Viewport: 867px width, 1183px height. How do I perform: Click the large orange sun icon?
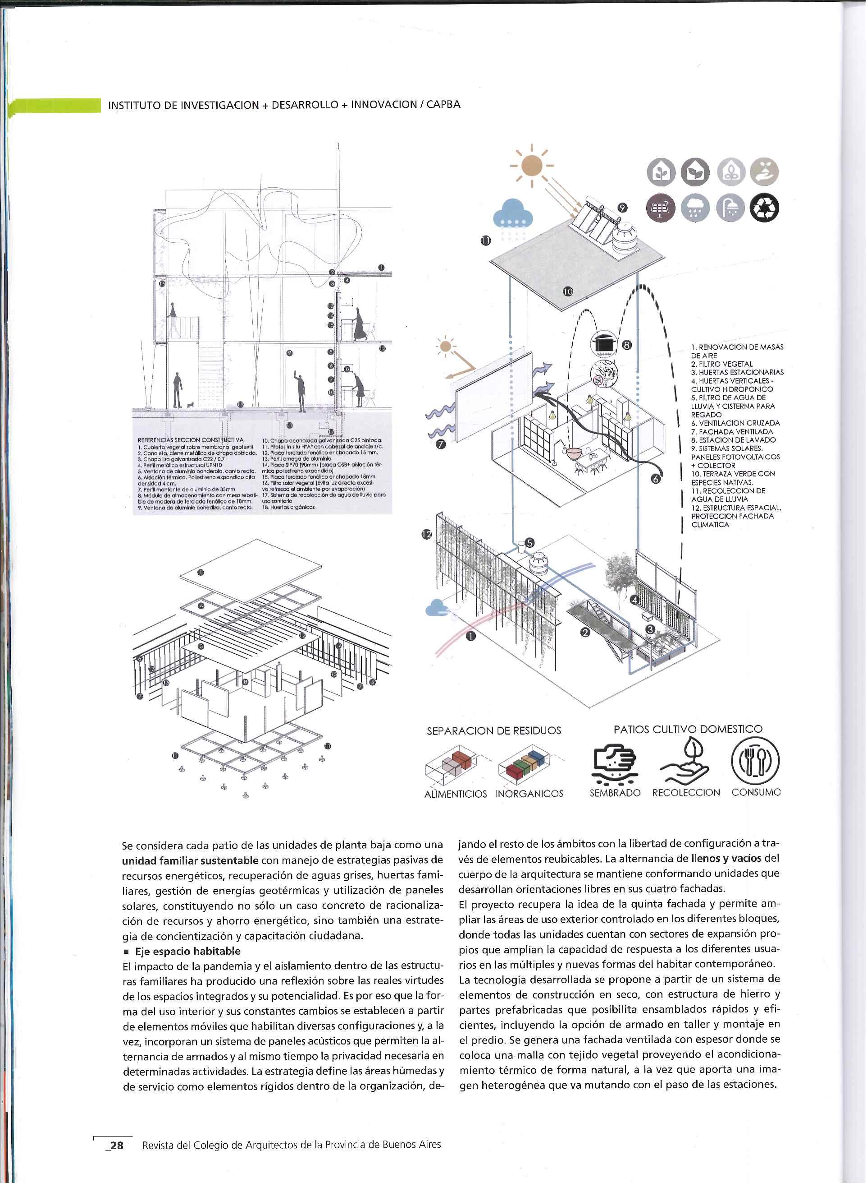[531, 166]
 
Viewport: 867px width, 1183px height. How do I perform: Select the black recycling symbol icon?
[764, 208]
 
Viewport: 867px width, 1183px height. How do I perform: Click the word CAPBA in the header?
[443, 104]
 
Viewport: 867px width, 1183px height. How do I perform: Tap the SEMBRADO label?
[615, 793]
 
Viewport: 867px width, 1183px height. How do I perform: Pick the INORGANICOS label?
[529, 794]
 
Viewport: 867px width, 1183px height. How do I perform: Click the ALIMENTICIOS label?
[455, 794]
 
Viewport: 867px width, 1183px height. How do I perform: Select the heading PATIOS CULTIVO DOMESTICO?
[688, 729]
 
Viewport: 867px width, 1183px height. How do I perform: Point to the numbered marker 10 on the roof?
[568, 291]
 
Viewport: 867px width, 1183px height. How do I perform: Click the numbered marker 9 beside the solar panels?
[622, 208]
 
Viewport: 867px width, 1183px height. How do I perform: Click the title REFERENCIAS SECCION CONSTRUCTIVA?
[190, 440]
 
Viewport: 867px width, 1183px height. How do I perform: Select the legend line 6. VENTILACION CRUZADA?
[735, 423]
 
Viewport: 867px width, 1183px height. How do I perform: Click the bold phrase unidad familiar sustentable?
[190, 860]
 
